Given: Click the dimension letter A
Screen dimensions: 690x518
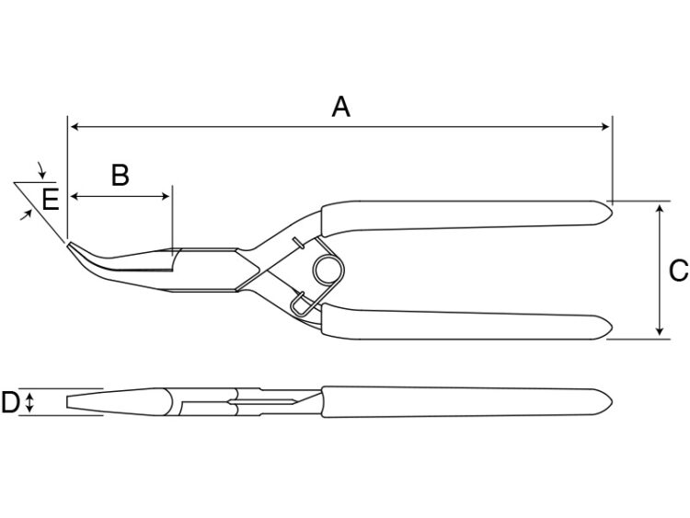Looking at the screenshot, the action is (x=341, y=107).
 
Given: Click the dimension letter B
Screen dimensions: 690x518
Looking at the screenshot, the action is (x=121, y=175).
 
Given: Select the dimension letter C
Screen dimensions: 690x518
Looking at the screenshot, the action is (x=678, y=271).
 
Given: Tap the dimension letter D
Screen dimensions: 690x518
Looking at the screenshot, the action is (x=10, y=402).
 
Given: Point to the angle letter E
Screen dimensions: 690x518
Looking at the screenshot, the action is (x=51, y=200).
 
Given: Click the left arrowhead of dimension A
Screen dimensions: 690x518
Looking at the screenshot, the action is (x=74, y=127).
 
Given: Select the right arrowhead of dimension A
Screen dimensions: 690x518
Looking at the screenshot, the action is (x=605, y=127).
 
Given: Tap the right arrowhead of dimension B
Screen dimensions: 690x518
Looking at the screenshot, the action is (x=166, y=196).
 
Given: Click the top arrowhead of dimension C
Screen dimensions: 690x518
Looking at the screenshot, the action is (x=659, y=208).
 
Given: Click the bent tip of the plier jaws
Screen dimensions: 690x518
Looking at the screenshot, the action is (x=69, y=245).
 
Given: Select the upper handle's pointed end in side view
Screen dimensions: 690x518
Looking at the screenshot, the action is (x=612, y=213).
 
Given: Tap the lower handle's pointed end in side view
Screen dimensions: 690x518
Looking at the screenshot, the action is (x=612, y=327).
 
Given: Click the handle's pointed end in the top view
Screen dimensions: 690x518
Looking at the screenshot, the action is (x=612, y=402).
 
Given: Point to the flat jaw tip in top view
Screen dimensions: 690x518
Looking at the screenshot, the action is (x=67, y=402).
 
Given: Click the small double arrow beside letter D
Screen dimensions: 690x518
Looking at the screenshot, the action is (x=29, y=402).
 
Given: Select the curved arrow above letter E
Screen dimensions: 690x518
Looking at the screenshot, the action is (x=41, y=170).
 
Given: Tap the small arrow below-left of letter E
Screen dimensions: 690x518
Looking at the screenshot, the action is (x=27, y=214).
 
